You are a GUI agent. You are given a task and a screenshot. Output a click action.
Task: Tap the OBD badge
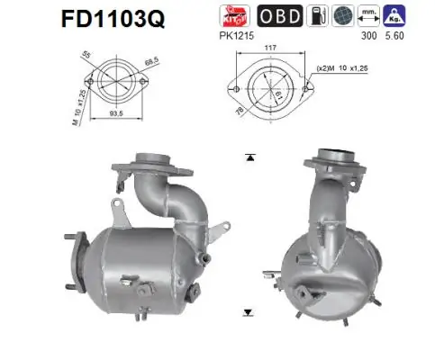279,15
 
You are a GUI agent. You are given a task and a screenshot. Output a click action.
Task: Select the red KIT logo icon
232,15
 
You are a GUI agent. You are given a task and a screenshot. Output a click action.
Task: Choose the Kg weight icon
393,15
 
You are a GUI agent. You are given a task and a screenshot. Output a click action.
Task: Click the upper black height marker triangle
249,157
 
